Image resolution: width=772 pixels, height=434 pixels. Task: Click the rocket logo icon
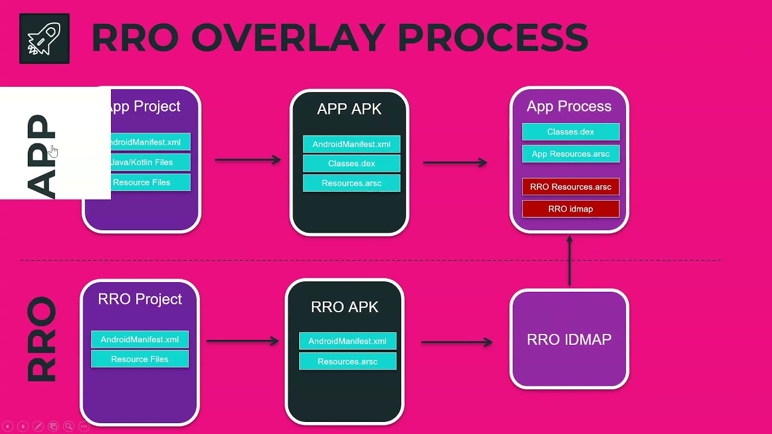(x=44, y=39)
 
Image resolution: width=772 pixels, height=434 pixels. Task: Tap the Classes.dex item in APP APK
(x=351, y=163)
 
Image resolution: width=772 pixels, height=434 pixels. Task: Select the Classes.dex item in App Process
(x=571, y=132)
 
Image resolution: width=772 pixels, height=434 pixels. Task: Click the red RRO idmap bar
(x=571, y=209)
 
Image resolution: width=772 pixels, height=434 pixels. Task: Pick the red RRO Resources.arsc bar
(x=571, y=187)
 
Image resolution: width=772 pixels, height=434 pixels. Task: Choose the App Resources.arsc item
(x=571, y=154)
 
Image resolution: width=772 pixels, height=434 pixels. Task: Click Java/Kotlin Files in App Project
(x=142, y=162)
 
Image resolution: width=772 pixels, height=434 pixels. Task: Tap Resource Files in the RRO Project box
(x=139, y=359)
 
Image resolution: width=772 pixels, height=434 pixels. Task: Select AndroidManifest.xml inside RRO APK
(x=347, y=341)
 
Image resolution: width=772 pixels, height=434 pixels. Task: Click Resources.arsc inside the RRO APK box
(x=347, y=362)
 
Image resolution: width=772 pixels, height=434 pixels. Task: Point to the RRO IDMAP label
(x=569, y=339)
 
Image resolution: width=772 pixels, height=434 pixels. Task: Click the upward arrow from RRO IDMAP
(x=569, y=260)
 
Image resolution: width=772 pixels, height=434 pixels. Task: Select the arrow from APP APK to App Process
(x=455, y=162)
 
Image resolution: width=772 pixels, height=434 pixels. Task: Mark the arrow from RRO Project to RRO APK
(x=242, y=341)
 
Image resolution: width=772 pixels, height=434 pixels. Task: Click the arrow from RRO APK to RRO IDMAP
(x=457, y=342)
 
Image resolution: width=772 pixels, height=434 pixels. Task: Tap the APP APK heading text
(x=349, y=109)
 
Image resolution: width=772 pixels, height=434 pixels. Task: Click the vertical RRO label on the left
(x=42, y=339)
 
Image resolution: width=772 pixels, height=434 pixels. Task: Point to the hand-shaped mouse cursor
(x=53, y=151)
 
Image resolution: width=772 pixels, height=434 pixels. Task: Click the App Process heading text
(x=569, y=107)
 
